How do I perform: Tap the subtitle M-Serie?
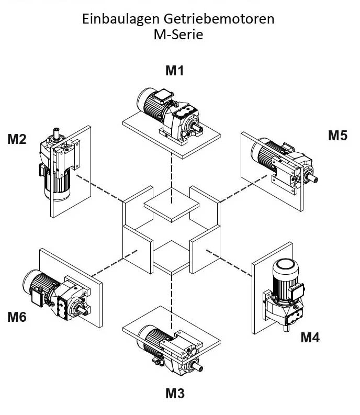click(x=178, y=35)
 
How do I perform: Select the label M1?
click(x=175, y=71)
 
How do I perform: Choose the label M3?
click(x=175, y=393)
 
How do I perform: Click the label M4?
click(x=310, y=338)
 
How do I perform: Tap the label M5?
click(x=337, y=136)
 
